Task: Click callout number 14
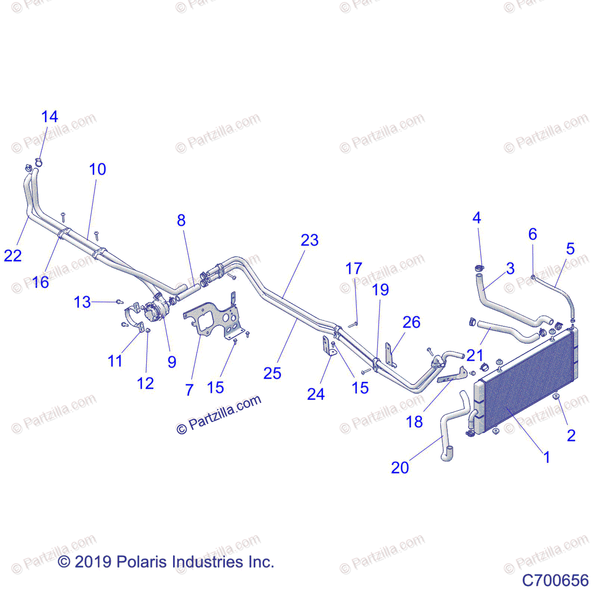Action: coord(49,117)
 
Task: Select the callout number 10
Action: coord(98,169)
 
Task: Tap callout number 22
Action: coord(13,256)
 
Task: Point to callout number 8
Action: coord(181,220)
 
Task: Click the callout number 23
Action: coord(309,240)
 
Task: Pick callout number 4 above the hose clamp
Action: coord(477,218)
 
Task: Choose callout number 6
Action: coord(533,234)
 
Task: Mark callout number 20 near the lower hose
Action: coord(400,468)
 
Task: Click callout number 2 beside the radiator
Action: coord(571,435)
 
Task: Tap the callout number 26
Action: coord(411,322)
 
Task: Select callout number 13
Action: coord(83,302)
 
